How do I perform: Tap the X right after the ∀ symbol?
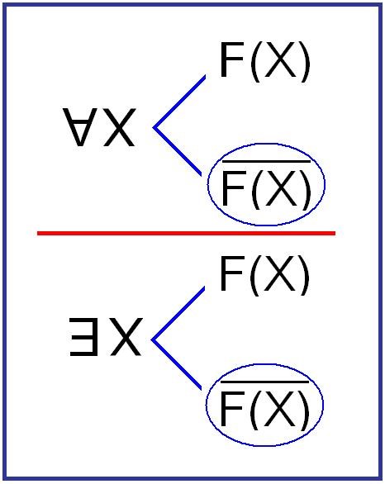(118, 127)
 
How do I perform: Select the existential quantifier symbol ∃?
(83, 337)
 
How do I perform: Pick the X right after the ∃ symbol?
(124, 337)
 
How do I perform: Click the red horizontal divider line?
(186, 233)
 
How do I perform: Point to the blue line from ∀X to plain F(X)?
(179, 102)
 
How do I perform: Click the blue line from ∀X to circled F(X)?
(178, 151)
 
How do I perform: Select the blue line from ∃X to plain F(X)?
(178, 314)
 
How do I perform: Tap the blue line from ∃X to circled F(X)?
(176, 364)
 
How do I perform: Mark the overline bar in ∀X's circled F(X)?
(267, 161)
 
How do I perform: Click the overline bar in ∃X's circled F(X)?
(265, 382)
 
